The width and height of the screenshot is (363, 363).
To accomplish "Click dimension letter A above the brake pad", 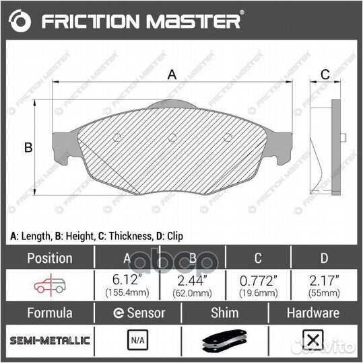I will [x=172, y=75].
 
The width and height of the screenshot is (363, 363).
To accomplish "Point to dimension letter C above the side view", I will [x=324, y=75].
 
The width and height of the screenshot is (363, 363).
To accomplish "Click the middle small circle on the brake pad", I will [x=172, y=138].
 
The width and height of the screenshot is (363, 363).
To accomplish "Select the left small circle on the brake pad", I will [x=117, y=138].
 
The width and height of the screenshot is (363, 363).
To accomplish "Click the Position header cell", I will [x=48, y=258].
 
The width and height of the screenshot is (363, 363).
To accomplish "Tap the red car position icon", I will [x=48, y=285].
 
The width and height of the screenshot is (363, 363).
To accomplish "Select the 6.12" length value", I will [x=127, y=280].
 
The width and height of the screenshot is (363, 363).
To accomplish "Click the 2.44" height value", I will [x=192, y=280].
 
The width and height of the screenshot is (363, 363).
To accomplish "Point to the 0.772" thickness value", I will [x=257, y=280].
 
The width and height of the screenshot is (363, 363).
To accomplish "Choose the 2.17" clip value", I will [x=323, y=280].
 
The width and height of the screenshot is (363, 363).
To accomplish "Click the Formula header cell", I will [x=48, y=313].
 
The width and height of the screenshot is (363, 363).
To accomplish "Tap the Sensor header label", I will [x=137, y=313].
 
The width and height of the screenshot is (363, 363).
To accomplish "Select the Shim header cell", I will [x=225, y=313].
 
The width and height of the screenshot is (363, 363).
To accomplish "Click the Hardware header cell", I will [x=312, y=313].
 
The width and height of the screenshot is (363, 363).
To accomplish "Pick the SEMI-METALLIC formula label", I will [x=48, y=339].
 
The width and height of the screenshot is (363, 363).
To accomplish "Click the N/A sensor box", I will [x=137, y=340].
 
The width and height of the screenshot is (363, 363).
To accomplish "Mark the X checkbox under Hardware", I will [x=312, y=340].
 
